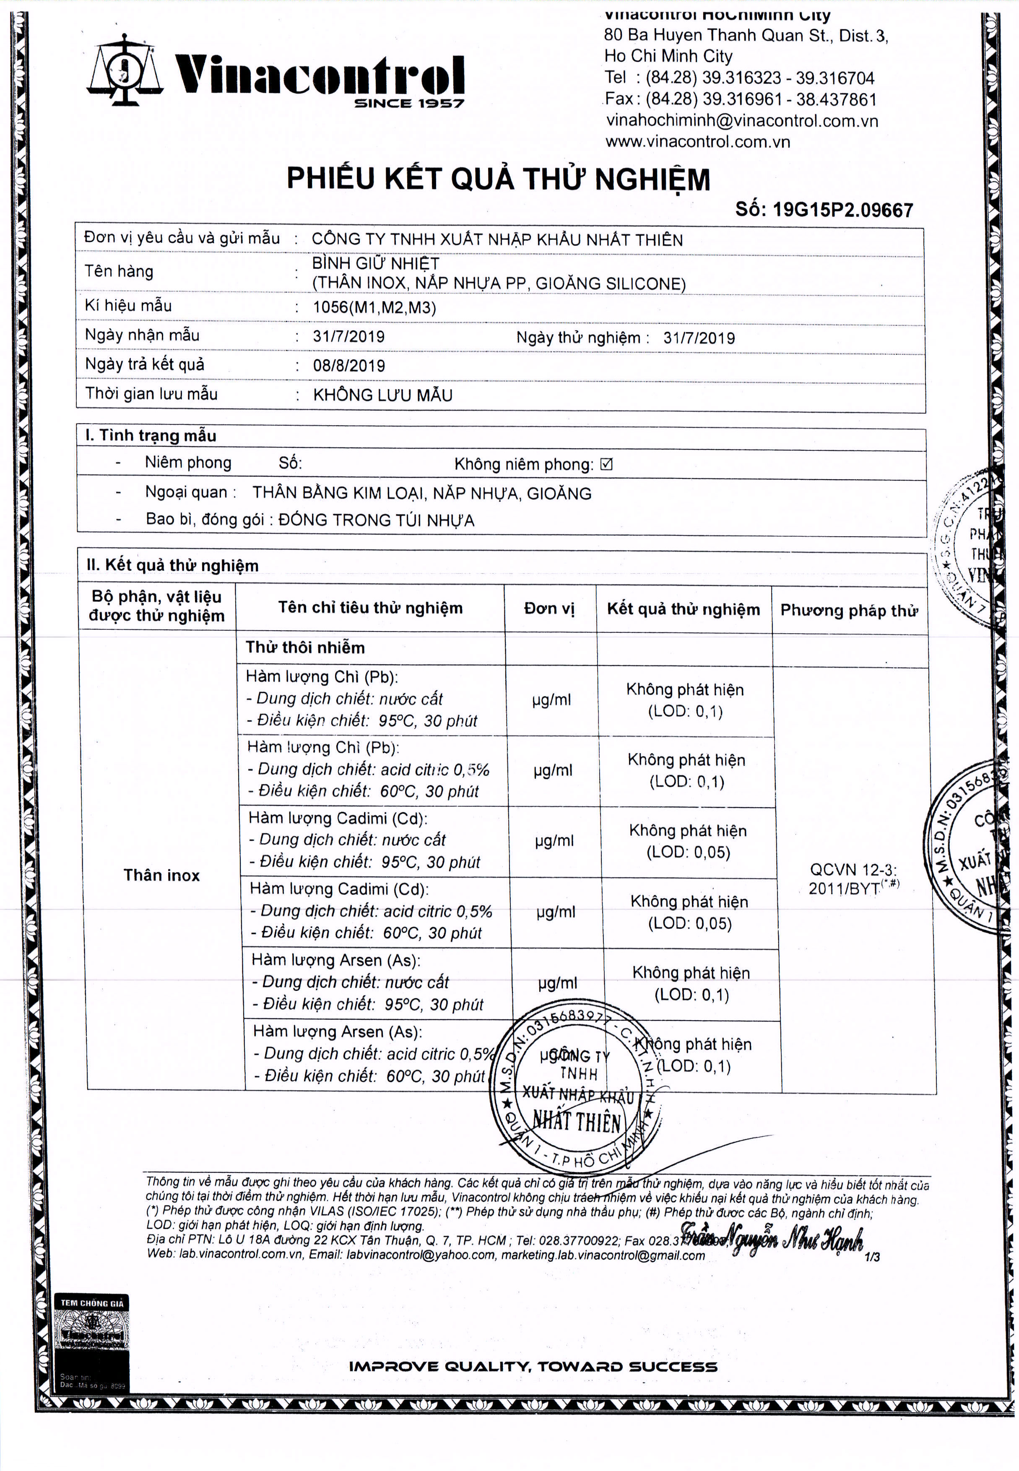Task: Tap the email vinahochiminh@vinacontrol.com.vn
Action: point(742,121)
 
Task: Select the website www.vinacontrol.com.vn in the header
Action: point(697,142)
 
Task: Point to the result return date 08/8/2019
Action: point(348,366)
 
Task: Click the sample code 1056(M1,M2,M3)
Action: point(374,307)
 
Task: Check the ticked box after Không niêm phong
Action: point(606,464)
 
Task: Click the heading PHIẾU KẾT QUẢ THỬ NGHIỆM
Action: point(498,179)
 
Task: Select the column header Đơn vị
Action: point(549,608)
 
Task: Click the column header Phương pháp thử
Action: point(848,611)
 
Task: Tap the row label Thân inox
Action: point(161,875)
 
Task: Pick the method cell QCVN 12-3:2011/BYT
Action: point(853,879)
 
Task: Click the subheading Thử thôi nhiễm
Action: point(305,647)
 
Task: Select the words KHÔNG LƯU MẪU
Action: point(382,395)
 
